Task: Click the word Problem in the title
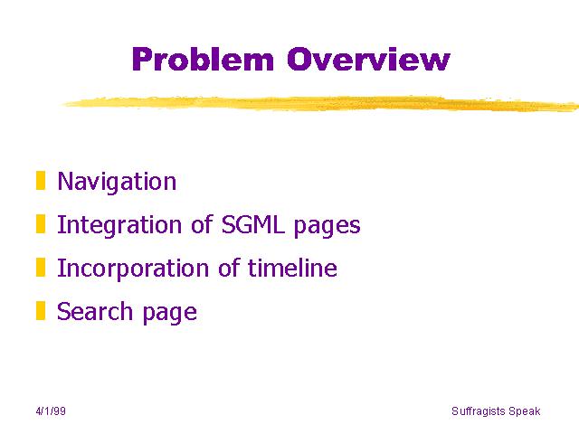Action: coord(203,59)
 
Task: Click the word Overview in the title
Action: coord(368,59)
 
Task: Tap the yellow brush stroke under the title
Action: coord(320,103)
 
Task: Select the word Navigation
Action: coord(117,182)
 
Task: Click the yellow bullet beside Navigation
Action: coord(41,181)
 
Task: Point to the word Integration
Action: coord(119,225)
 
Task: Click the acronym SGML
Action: coord(253,224)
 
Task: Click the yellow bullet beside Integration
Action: coord(41,224)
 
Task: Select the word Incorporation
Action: coord(133,269)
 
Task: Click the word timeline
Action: coord(292,268)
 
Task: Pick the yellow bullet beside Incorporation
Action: coord(41,268)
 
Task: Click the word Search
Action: coord(94,311)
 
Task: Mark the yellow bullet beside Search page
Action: coord(41,311)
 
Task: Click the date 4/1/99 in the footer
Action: coord(51,411)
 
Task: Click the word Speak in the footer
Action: coord(525,411)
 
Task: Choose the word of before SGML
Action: coord(202,224)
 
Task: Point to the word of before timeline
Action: coord(229,268)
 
